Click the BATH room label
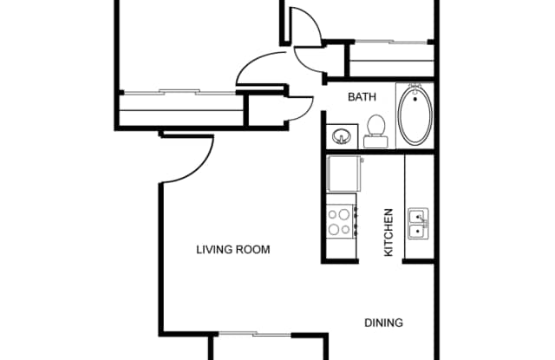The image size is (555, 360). pyautogui.click(x=362, y=97)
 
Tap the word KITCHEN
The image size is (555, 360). pyautogui.click(x=388, y=232)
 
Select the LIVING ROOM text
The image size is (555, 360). pyautogui.click(x=232, y=250)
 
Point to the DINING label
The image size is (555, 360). pyautogui.click(x=383, y=323)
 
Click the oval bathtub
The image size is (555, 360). pyautogui.click(x=415, y=116)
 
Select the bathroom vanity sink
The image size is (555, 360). pyautogui.click(x=340, y=137)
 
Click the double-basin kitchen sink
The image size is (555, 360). pyautogui.click(x=418, y=222)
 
